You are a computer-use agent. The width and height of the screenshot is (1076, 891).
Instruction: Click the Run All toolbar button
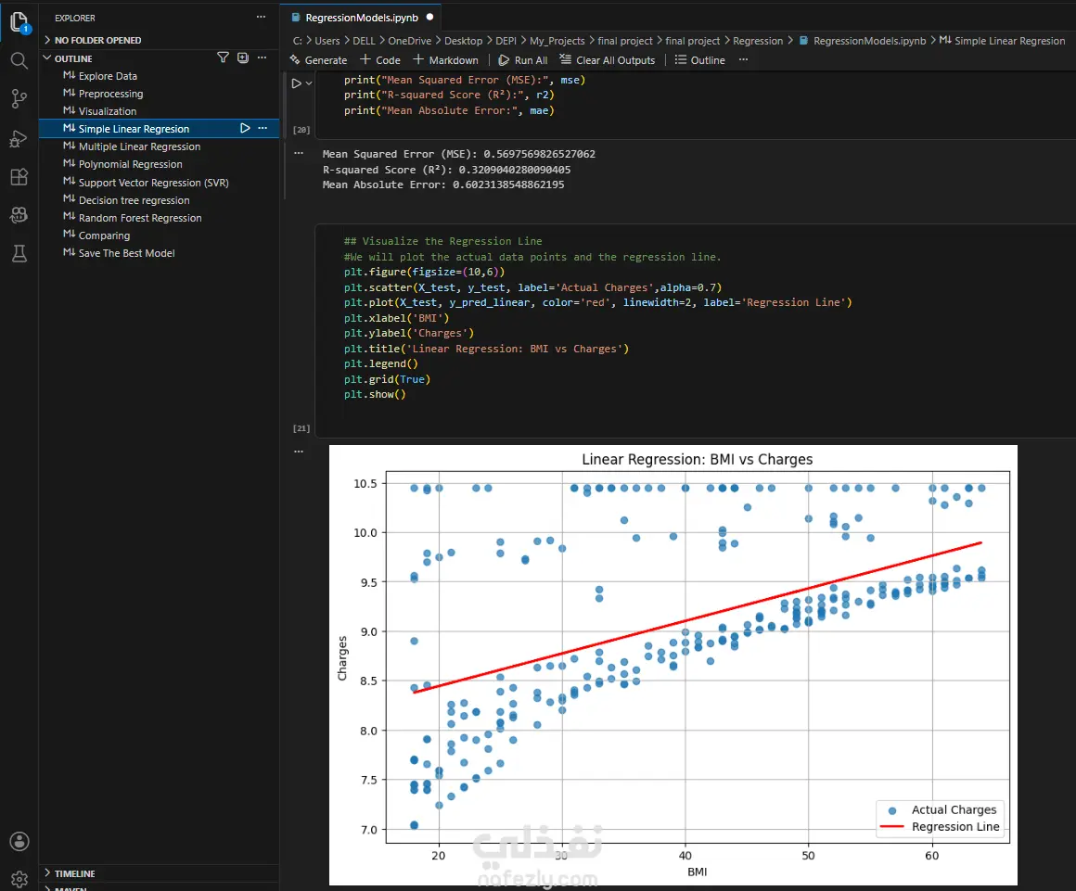(x=522, y=60)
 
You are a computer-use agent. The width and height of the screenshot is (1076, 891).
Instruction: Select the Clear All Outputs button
(x=608, y=60)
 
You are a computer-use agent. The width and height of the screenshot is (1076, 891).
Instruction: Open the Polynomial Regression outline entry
(x=131, y=165)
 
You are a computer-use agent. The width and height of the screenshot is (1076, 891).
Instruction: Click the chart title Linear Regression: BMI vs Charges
(x=698, y=460)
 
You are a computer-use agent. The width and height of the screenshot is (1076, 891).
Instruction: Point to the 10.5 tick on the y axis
(x=365, y=484)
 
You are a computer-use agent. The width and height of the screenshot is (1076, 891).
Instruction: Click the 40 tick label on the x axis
(x=685, y=856)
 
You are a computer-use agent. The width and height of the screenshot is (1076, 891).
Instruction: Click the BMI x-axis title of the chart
(x=698, y=872)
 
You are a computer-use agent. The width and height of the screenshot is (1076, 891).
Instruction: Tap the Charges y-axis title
(x=342, y=658)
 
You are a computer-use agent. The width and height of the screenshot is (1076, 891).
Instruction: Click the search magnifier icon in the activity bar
(x=19, y=61)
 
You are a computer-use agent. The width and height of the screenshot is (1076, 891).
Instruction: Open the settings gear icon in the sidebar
(x=19, y=879)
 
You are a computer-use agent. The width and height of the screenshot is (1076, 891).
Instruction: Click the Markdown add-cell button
(x=445, y=60)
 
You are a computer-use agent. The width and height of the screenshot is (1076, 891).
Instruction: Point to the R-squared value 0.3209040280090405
(x=515, y=170)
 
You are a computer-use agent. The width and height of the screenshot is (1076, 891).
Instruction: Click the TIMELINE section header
(x=75, y=874)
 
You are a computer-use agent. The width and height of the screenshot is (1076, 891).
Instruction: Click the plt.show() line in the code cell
(x=375, y=394)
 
